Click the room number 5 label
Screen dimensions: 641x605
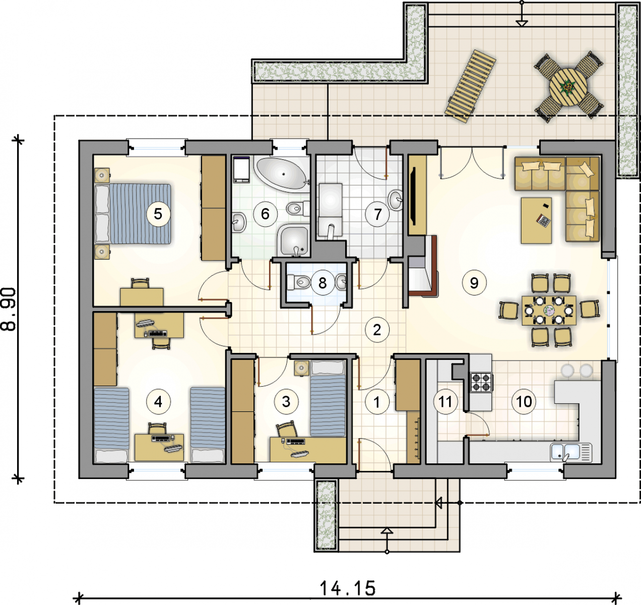[158, 214]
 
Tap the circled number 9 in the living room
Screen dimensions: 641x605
[474, 283]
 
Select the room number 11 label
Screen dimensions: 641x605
[445, 402]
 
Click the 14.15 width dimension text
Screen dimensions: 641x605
[348, 588]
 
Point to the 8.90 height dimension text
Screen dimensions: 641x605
[9, 310]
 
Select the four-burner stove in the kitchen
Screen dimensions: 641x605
[482, 383]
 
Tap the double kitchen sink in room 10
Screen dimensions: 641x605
[571, 452]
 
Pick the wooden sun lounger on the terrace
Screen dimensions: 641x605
[470, 86]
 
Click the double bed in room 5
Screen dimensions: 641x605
[133, 214]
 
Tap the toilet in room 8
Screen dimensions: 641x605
[298, 282]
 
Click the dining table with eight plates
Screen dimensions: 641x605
[549, 311]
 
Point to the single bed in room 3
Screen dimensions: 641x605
[328, 399]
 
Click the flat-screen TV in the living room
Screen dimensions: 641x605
[413, 196]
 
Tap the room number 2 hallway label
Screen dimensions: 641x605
[377, 330]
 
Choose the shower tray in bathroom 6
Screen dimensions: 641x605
[293, 240]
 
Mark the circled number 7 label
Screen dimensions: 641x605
[377, 214]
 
